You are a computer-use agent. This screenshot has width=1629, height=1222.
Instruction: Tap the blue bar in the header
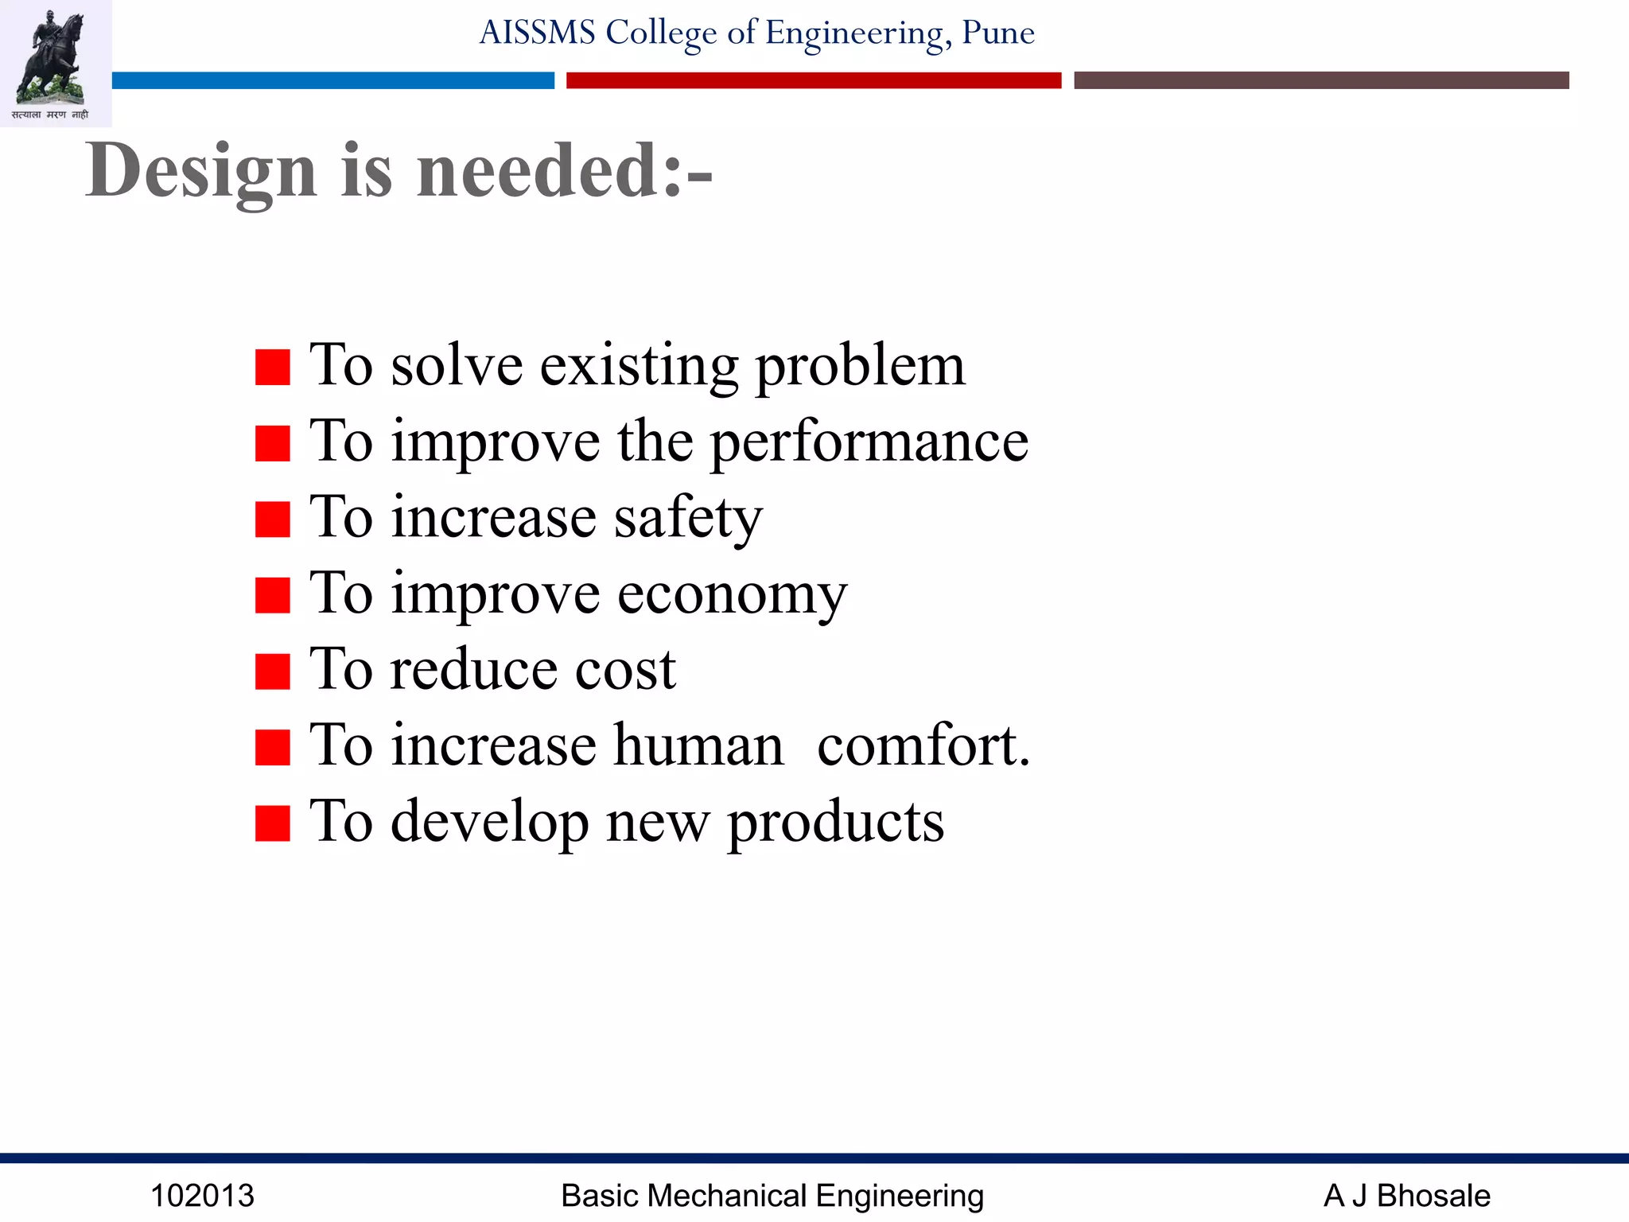point(332,80)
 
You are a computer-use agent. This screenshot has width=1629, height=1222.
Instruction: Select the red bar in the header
point(813,80)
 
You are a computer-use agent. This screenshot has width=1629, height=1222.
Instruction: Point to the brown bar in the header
point(1320,80)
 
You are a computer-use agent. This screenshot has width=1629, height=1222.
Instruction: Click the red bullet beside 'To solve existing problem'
point(272,368)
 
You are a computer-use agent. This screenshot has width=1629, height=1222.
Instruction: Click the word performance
point(869,443)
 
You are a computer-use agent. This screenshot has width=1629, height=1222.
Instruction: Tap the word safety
point(688,519)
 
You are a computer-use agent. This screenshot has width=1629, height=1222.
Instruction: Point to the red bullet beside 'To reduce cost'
point(272,671)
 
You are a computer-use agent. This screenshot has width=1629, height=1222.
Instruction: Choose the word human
point(698,746)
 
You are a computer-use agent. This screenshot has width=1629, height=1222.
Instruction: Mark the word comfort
point(923,746)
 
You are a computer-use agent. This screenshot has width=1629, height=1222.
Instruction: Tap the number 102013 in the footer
point(202,1196)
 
